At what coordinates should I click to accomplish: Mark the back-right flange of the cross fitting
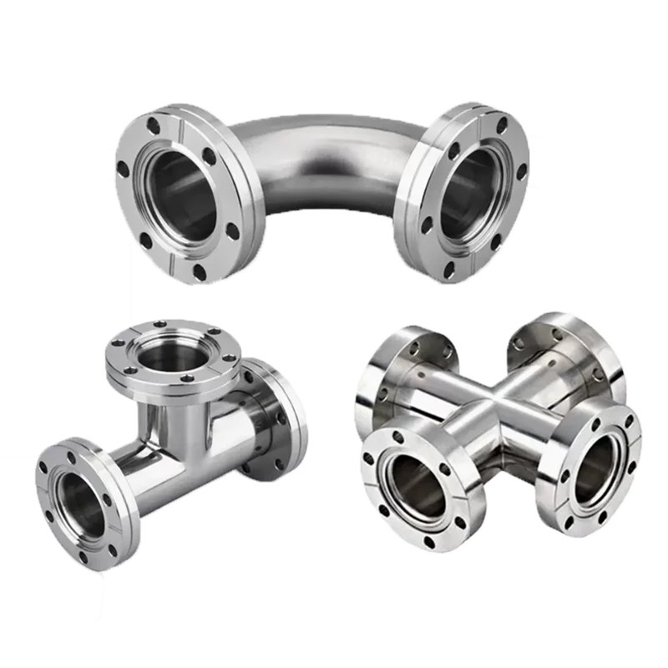point(576,355)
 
